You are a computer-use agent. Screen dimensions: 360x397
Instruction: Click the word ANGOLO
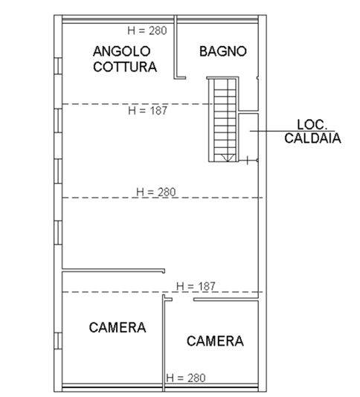(121, 51)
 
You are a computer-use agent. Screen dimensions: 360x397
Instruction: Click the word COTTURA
(125, 67)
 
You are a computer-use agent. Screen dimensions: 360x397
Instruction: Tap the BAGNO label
(223, 51)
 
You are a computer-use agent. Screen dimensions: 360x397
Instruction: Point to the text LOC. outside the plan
(312, 125)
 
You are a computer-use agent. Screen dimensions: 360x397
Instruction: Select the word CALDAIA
(312, 138)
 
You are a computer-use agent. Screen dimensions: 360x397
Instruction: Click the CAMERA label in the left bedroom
(118, 327)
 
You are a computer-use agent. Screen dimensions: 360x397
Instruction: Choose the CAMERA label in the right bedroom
(215, 340)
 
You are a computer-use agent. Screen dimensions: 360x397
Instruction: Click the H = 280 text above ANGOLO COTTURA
(147, 30)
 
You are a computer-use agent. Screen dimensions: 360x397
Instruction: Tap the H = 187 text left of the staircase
(148, 111)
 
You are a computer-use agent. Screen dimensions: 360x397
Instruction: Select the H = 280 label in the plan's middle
(156, 192)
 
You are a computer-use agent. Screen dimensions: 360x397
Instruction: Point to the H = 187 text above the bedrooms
(196, 286)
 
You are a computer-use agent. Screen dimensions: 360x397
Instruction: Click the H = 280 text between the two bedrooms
(186, 378)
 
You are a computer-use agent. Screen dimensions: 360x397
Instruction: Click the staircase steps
(224, 120)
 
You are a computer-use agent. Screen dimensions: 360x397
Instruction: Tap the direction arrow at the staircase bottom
(228, 158)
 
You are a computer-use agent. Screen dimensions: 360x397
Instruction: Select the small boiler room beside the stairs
(248, 137)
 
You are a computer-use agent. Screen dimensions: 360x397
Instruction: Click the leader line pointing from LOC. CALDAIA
(292, 131)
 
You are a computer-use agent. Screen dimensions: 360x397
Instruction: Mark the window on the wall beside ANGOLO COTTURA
(58, 66)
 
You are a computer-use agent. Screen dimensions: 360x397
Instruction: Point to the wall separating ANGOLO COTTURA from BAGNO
(176, 47)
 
